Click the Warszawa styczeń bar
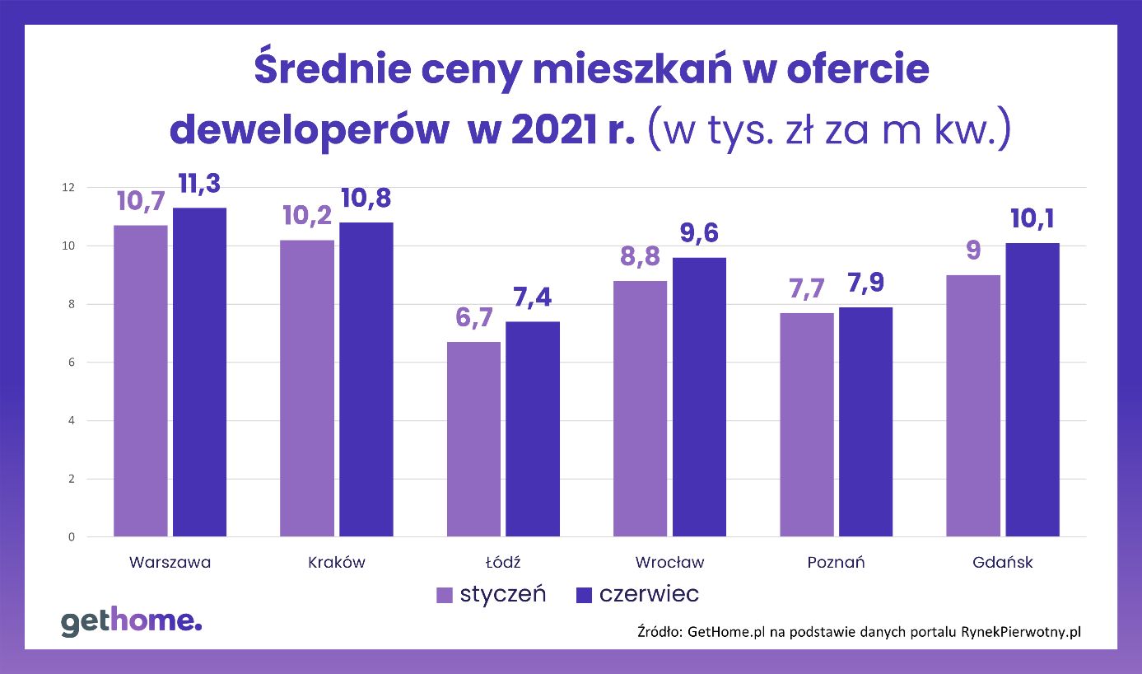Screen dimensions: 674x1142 (x=140, y=381)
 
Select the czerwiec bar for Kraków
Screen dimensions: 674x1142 (x=366, y=379)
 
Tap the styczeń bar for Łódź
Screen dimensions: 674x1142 (x=473, y=439)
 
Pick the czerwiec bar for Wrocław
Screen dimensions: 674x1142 (x=698, y=397)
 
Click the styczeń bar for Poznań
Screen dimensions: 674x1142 (x=806, y=424)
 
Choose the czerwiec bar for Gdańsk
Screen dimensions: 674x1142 (x=1032, y=390)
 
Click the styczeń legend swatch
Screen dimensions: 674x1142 (x=445, y=595)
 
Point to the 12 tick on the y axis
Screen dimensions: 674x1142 (x=68, y=188)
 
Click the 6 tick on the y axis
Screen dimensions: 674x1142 (x=71, y=363)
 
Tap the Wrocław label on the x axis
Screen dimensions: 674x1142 (x=669, y=563)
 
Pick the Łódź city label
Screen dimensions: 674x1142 (x=503, y=563)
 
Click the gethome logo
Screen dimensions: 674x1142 (x=131, y=621)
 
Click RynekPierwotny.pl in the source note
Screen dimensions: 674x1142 (x=1020, y=632)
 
